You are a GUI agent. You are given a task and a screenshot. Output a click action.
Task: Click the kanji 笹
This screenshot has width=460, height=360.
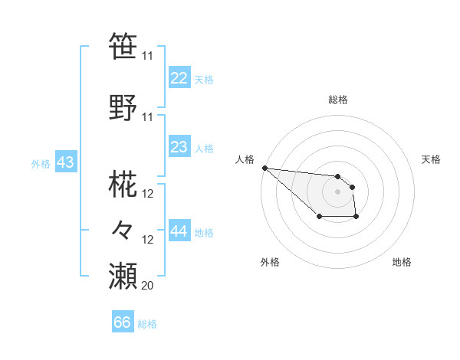point(123,46)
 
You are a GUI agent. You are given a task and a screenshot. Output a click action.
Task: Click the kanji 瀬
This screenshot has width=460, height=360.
point(123,275)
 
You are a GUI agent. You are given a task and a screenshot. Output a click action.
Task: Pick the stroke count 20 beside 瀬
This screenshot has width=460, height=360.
point(147,285)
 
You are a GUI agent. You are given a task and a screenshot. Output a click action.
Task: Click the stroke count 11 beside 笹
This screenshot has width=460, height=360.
point(147,56)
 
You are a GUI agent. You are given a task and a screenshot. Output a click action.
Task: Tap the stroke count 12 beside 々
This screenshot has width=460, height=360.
point(148,240)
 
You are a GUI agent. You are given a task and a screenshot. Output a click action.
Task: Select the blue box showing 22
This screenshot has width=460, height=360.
point(179,78)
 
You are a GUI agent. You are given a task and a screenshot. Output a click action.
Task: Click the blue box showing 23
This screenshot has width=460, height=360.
point(179,147)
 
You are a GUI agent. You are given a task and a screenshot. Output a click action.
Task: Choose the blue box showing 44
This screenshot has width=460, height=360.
point(179,231)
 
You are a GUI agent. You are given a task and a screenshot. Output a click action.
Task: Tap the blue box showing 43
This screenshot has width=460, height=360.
point(65,162)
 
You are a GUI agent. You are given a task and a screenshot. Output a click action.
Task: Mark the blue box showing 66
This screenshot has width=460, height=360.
point(122,322)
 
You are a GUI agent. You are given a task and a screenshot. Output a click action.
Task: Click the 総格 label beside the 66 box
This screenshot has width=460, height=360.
point(147,324)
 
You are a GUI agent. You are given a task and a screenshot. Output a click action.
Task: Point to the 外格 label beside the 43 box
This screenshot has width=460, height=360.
point(41,163)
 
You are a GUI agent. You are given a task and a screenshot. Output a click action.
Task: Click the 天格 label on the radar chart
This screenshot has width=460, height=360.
point(431,159)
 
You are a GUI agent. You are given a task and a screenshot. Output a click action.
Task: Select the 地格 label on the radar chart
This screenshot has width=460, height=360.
point(402,262)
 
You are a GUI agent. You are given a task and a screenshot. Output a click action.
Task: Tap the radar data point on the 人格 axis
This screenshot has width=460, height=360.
point(264,168)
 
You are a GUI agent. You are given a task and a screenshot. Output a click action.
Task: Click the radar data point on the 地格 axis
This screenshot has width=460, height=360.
point(356,218)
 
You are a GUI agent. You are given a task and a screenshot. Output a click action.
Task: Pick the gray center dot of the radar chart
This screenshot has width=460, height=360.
point(337,191)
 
